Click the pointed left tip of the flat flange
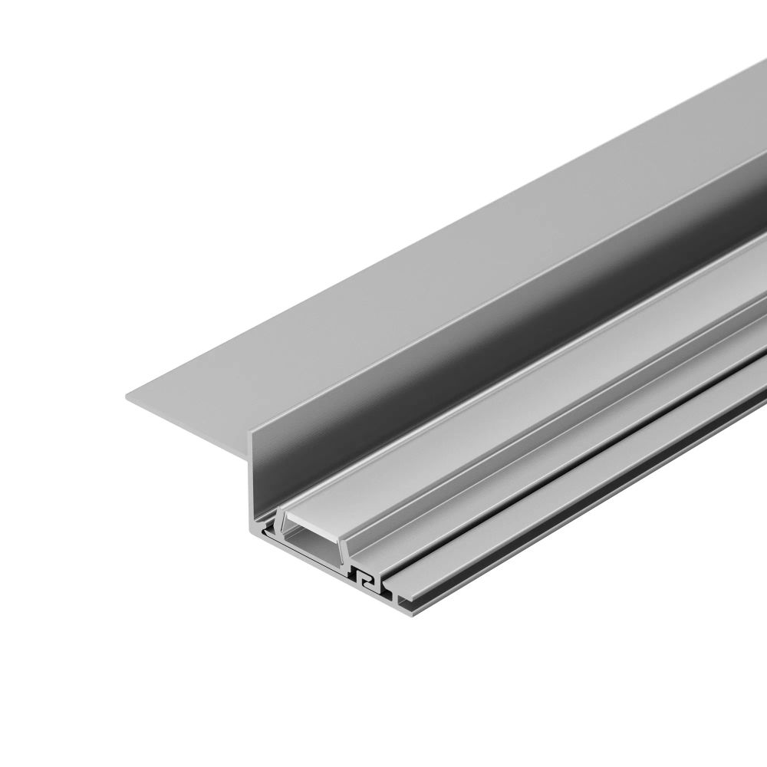coord(127,396)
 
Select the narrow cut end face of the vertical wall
coord(253,483)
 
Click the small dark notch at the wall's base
coord(265,529)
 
